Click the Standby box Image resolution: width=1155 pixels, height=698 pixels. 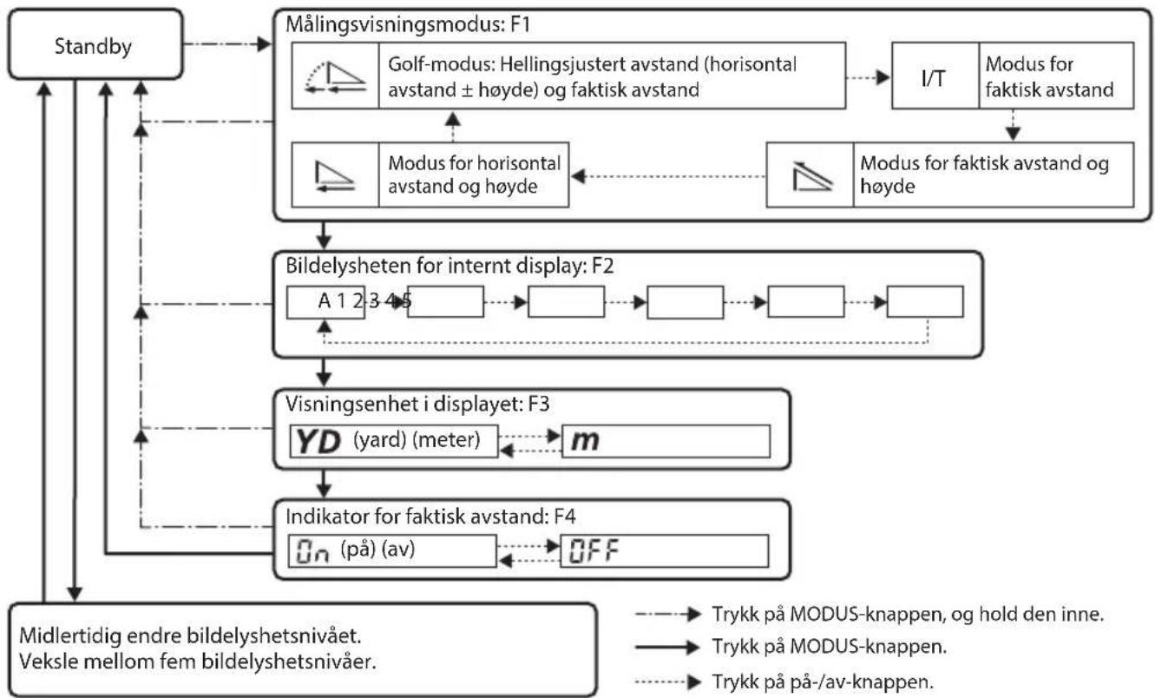tap(95, 44)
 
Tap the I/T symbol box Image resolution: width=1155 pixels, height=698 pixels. tap(935, 76)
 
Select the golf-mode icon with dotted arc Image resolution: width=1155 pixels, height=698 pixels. tap(335, 76)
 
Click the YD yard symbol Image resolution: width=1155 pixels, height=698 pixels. tap(318, 442)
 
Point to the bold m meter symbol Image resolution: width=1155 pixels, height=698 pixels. tap(585, 440)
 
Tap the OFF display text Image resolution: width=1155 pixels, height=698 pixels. tap(594, 551)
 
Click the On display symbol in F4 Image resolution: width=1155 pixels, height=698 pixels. tap(312, 551)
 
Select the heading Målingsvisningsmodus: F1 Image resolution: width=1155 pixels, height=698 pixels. tap(408, 24)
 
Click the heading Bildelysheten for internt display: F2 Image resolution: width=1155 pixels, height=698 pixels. tap(450, 266)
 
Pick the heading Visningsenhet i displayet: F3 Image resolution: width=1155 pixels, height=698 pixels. tap(417, 404)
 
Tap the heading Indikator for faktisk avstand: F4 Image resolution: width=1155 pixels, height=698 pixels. tap(430, 516)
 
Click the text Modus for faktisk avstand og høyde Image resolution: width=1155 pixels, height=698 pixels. tap(984, 174)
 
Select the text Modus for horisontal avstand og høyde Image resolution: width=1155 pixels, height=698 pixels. tap(474, 174)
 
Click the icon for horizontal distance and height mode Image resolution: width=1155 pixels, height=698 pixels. tap(335, 176)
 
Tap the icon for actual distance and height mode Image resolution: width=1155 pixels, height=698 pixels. tap(811, 176)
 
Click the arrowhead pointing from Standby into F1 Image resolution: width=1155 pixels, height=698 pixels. tap(264, 44)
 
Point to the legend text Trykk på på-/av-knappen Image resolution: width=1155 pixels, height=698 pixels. tap(823, 682)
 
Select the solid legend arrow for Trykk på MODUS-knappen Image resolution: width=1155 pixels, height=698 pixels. tap(667, 647)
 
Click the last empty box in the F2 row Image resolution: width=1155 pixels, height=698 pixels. tap(925, 302)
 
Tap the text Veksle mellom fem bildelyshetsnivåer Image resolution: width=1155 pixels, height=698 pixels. tap(198, 662)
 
